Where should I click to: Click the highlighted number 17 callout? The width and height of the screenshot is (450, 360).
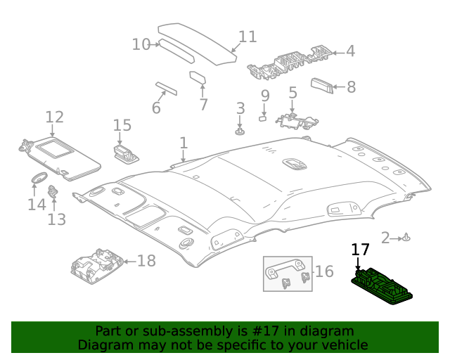[x=360, y=250]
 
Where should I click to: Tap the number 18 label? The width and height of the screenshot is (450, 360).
[x=146, y=262]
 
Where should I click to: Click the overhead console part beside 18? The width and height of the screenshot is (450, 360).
[x=98, y=264]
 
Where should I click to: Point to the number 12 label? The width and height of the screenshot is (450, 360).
[x=54, y=117]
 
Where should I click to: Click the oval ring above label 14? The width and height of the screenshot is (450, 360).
[x=39, y=176]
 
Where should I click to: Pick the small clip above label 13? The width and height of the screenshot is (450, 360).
[x=53, y=191]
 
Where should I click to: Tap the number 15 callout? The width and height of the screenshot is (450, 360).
[x=122, y=125]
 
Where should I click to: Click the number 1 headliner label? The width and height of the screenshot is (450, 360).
[x=183, y=143]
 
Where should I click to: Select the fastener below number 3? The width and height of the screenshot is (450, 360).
[x=240, y=131]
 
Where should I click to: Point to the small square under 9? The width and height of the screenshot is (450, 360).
[x=263, y=118]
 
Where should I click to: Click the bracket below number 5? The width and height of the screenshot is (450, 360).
[x=296, y=121]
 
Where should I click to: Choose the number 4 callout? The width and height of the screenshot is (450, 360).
[x=349, y=51]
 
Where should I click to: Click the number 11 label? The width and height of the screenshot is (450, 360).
[x=247, y=37]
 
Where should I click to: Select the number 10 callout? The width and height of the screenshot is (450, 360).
[x=141, y=44]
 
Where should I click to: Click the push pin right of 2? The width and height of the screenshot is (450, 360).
[x=406, y=238]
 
